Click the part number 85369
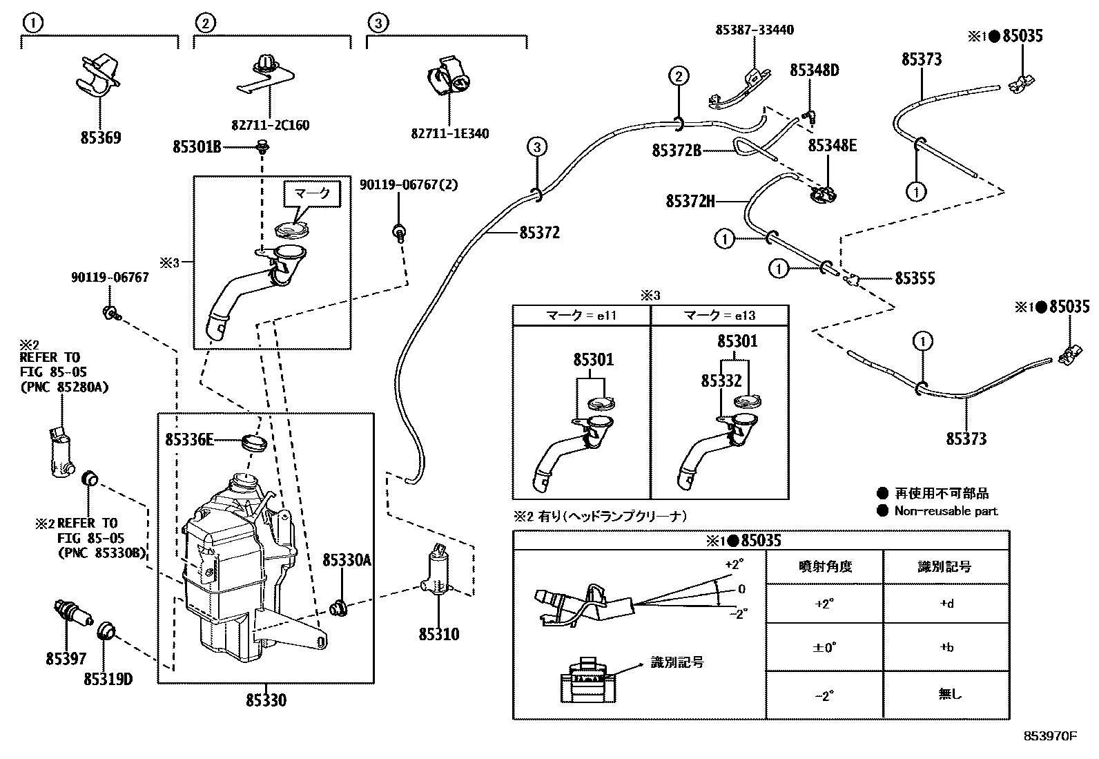tap(101, 137)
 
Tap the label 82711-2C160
tap(270, 125)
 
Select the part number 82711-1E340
tap(449, 133)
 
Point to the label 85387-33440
tap(755, 30)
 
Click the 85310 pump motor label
tap(439, 633)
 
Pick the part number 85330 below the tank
tap(266, 700)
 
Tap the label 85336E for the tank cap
tap(189, 439)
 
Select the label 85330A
tap(347, 560)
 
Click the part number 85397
tap(66, 659)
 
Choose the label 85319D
tap(108, 679)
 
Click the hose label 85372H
tap(690, 201)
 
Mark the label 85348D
tap(815, 70)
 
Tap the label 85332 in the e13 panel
tap(721, 381)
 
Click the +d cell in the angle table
tap(946, 604)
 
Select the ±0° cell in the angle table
tap(825, 648)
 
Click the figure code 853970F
tap(1050, 736)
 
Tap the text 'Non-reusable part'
tap(946, 511)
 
